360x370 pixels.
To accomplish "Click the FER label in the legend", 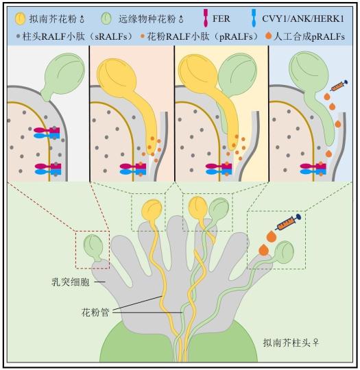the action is pos(221,18).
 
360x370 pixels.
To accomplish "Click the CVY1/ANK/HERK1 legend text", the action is pos(303,18).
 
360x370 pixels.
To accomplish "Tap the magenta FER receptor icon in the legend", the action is pos(206,18).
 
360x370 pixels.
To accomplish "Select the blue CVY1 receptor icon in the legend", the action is pos(254,18).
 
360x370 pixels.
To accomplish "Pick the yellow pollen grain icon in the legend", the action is pos(20,18).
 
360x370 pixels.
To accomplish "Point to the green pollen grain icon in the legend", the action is pos(106,18).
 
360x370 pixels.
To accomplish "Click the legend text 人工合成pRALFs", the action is pos(309,36).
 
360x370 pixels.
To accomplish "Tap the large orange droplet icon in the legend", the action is pos(269,36).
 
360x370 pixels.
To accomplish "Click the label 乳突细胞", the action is pos(71,282).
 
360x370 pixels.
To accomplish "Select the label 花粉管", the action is pos(95,312).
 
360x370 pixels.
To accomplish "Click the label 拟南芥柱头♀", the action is pos(291,343).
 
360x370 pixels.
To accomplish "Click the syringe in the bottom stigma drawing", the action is pos(288,222).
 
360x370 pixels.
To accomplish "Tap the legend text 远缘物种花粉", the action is pos(147,19).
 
